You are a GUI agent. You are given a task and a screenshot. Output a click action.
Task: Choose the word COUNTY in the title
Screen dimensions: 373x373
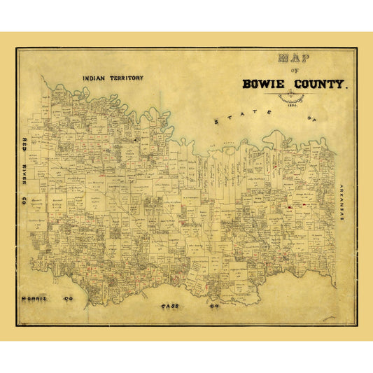click(x=321, y=85)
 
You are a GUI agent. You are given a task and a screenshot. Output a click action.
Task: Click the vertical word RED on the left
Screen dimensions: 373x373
click(x=24, y=145)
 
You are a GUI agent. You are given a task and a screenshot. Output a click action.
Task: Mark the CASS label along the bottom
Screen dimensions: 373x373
click(x=171, y=306)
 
